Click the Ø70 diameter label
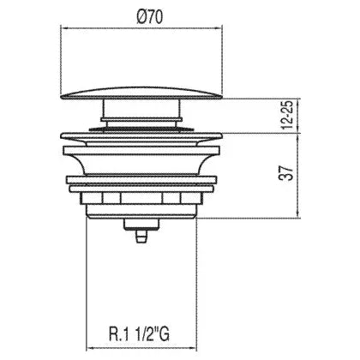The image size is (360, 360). point(150,16)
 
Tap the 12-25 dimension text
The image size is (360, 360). point(287,115)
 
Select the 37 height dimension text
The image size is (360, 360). point(286,172)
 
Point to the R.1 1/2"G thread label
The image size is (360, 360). point(139,333)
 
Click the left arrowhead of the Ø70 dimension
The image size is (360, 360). point(64,28)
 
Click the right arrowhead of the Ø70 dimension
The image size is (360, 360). point(219,28)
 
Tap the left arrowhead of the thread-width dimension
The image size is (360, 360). point(89,349)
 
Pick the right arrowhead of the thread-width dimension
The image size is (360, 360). point(194,349)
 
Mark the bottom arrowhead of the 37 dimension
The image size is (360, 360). point(297,215)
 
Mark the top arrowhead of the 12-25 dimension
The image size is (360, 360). point(297,102)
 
